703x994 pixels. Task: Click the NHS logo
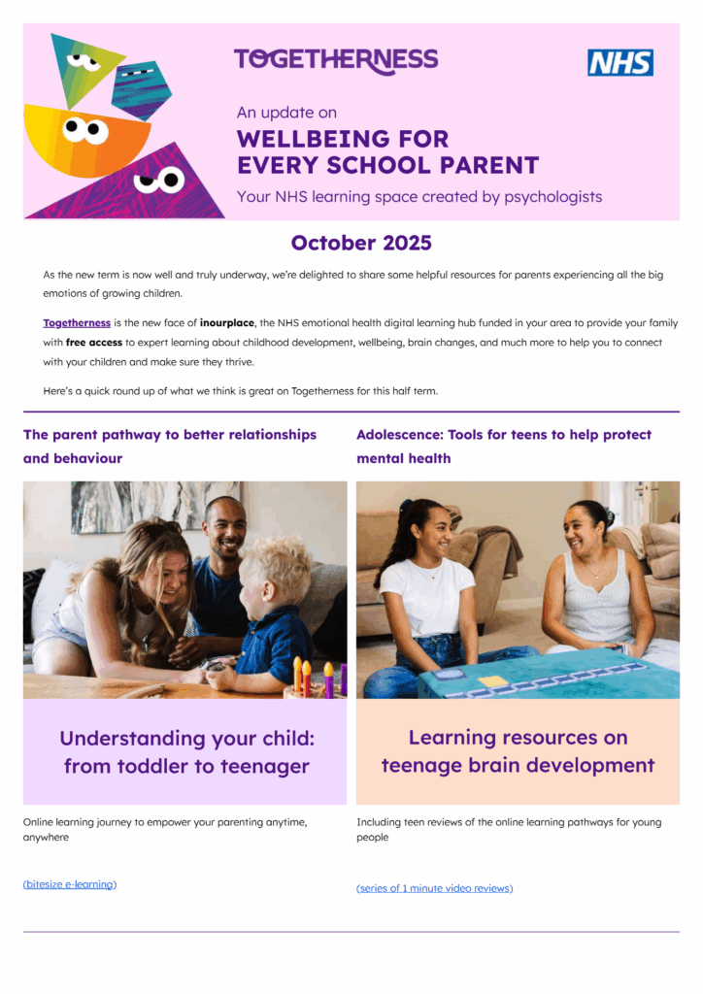[x=619, y=62]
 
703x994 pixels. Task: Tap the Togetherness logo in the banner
[x=336, y=60]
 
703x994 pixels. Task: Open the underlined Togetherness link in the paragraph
[x=77, y=323]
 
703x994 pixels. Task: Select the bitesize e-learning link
[x=70, y=884]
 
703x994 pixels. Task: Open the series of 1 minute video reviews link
[x=434, y=888]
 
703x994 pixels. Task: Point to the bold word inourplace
[x=227, y=323]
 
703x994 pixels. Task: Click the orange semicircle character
[x=73, y=136]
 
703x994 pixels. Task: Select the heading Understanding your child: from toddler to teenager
[x=186, y=752]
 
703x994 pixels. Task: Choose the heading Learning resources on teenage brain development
[x=518, y=751]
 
